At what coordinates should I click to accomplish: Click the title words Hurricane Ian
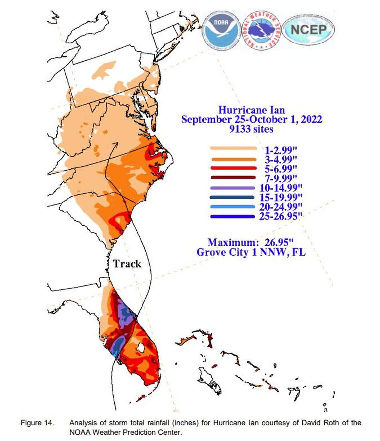click(x=251, y=110)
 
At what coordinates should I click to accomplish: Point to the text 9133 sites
click(x=251, y=129)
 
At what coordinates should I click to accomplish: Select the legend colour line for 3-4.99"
click(x=233, y=159)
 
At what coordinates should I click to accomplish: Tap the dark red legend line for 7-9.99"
click(x=233, y=178)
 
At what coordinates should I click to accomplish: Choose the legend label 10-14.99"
click(x=281, y=188)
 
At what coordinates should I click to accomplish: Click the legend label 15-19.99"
click(x=281, y=197)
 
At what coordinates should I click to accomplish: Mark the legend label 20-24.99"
click(x=281, y=207)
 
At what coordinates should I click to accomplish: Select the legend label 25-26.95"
click(x=281, y=216)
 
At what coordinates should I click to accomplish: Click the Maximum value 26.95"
click(x=279, y=242)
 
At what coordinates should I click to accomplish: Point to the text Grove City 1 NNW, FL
click(x=251, y=252)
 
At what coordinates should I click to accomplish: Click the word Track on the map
click(x=127, y=264)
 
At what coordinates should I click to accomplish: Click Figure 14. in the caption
click(x=37, y=423)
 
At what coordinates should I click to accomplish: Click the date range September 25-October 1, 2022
click(x=251, y=119)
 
